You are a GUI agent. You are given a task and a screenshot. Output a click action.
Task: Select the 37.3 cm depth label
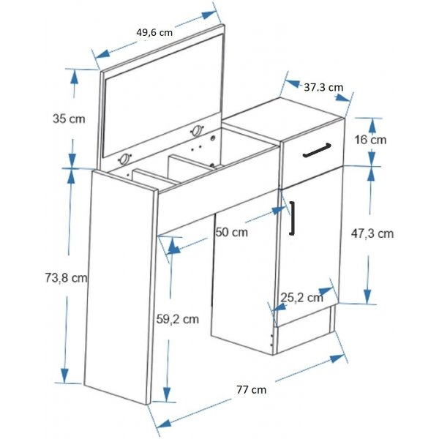(323, 86)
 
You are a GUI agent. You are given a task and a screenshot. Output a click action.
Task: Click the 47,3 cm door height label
(372, 233)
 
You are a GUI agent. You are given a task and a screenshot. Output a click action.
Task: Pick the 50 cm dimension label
(231, 232)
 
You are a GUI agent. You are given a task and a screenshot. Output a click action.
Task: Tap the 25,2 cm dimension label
(301, 297)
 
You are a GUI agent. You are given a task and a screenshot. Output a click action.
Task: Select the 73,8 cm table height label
(66, 277)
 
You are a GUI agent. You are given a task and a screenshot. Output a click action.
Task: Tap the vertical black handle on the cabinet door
(292, 218)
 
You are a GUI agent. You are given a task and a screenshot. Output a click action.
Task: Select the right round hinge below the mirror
(196, 130)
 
